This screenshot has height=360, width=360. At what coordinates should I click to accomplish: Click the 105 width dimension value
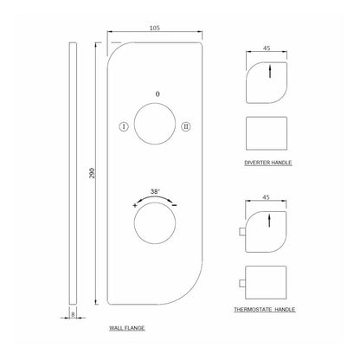coord(155,28)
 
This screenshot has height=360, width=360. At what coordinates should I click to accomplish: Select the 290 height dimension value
coord(92,173)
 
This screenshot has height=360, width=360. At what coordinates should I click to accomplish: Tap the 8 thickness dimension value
coord(73,314)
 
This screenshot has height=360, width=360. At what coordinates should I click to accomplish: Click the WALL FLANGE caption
coord(127,328)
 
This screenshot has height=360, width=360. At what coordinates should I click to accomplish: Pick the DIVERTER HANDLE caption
coord(268,163)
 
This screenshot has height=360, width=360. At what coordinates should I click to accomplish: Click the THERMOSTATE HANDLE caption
coord(265,310)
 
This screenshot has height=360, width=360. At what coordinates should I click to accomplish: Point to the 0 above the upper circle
coord(157,94)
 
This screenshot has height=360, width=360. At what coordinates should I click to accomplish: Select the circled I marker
coord(124,126)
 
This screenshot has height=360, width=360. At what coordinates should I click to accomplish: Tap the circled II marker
coord(186,126)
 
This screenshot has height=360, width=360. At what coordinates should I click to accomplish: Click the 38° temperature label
coord(155,191)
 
